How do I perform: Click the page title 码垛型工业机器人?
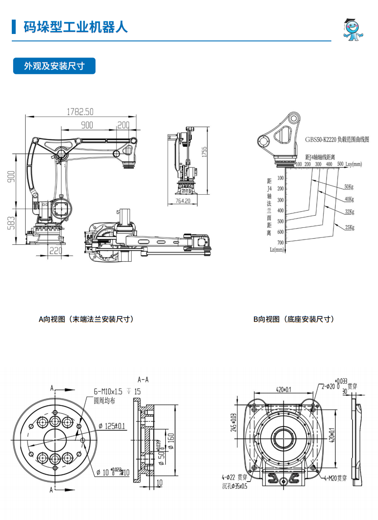tap(75, 27)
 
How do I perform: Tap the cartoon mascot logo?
tap(353, 30)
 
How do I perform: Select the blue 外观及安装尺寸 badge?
tap(54, 66)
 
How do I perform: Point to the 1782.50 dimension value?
tap(80, 112)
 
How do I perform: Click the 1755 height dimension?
tap(204, 152)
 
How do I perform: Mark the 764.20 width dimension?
tap(183, 201)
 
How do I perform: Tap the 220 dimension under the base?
tap(55, 251)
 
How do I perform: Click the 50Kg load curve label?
tap(348, 187)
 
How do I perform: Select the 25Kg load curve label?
tap(349, 227)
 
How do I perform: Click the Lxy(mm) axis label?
tap(353, 164)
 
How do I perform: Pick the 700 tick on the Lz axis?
tap(280, 242)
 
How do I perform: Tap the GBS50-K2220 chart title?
tap(337, 140)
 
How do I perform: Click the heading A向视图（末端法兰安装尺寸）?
tap(86, 319)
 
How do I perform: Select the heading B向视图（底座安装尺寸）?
tap(294, 319)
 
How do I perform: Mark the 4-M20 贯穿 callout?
tap(335, 478)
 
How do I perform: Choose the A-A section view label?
tap(143, 379)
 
